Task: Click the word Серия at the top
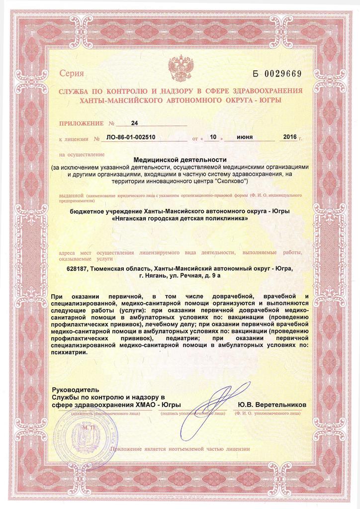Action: (x=72, y=74)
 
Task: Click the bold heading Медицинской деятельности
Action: (x=180, y=160)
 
